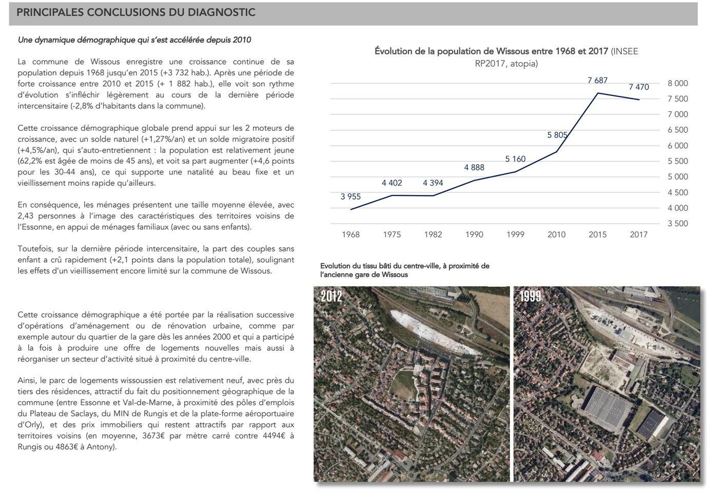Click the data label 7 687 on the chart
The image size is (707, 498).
(x=597, y=81)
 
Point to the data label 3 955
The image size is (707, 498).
(x=350, y=196)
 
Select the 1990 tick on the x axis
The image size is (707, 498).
(x=474, y=234)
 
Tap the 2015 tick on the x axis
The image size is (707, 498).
(x=597, y=234)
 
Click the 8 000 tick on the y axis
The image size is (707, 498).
(x=677, y=84)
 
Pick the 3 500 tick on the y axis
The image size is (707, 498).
(x=677, y=224)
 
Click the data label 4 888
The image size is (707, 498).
(x=474, y=167)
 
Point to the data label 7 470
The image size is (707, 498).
(x=639, y=87)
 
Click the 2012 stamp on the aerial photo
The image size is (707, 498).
(x=331, y=296)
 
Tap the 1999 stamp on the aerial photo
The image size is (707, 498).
(x=531, y=296)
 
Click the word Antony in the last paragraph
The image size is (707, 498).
(x=102, y=447)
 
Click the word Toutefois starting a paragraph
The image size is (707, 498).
(x=34, y=249)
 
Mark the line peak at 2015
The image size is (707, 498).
(x=598, y=93)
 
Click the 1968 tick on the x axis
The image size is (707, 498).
(x=350, y=234)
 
